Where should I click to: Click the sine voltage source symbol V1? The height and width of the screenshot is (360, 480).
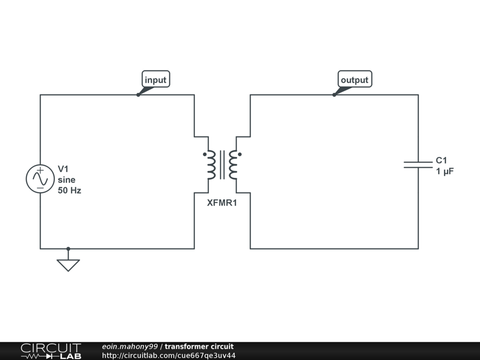(x=40, y=179)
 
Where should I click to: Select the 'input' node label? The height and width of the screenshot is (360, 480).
(x=156, y=80)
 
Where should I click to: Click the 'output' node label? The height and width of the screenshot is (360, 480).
(x=354, y=80)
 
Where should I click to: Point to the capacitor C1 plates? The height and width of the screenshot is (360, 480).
(x=418, y=164)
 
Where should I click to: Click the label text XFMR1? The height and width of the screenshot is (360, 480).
(x=222, y=203)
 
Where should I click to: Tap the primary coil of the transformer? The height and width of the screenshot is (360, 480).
(x=211, y=165)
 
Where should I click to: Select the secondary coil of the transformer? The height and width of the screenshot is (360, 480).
(x=233, y=165)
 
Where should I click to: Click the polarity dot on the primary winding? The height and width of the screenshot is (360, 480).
(x=204, y=154)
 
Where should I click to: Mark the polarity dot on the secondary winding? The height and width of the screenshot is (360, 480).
(x=240, y=154)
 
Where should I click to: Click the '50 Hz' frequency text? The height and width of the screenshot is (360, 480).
(x=69, y=191)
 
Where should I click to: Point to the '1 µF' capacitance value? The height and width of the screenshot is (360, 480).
(x=445, y=172)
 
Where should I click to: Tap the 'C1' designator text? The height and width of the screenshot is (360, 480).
(x=441, y=161)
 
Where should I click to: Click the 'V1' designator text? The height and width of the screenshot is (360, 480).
(x=63, y=169)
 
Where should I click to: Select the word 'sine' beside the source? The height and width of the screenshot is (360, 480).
(x=67, y=180)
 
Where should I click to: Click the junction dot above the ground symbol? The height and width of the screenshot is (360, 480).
(x=68, y=248)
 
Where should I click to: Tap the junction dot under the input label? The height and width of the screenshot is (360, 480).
(x=138, y=95)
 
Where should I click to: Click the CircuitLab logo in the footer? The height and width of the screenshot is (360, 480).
(x=51, y=351)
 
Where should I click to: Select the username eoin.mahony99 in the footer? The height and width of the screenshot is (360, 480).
(x=130, y=346)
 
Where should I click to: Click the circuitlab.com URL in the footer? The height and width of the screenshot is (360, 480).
(x=169, y=355)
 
